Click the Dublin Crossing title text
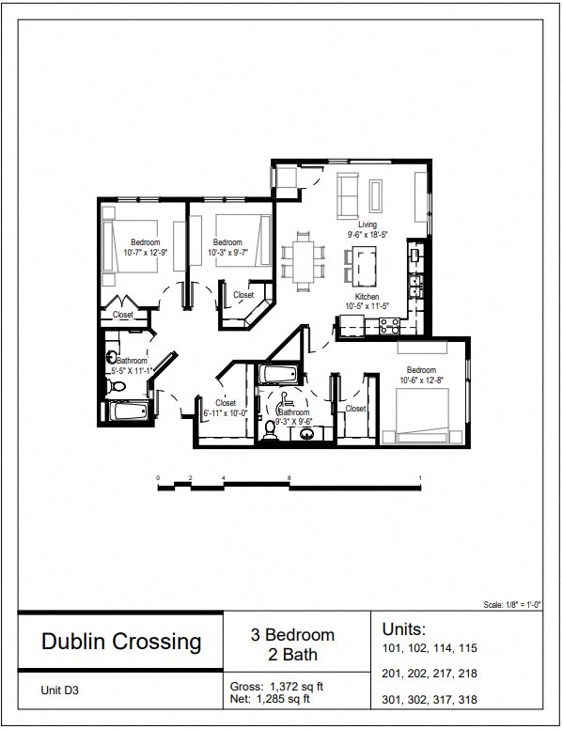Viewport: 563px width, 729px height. (x=121, y=642)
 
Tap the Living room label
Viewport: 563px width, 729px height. (x=367, y=225)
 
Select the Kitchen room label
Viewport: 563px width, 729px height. (x=367, y=296)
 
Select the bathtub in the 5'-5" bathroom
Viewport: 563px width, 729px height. (x=126, y=411)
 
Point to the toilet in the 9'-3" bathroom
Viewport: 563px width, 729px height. (x=271, y=427)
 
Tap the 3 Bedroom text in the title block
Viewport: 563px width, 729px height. (x=292, y=635)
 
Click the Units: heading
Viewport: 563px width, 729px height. (x=404, y=628)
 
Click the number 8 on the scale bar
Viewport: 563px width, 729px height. (x=289, y=478)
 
